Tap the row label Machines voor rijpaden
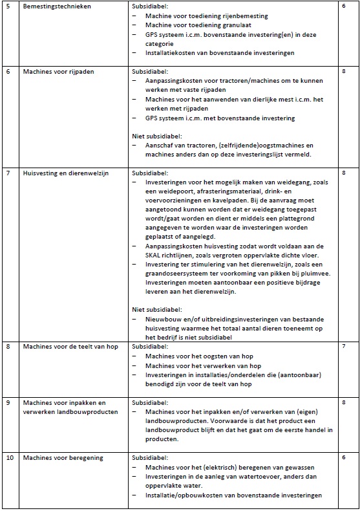pos(58,72)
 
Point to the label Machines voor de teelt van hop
pos(70,347)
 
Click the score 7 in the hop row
pos(344,347)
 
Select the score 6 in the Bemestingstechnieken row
pos(344,6)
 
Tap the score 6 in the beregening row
pos(344,459)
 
